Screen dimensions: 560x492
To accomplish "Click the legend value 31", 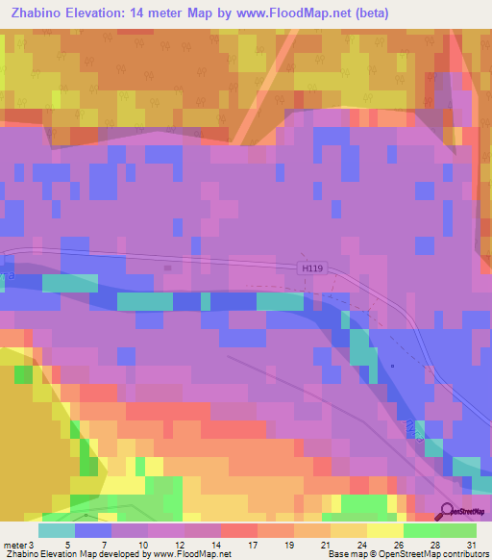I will click(470, 544).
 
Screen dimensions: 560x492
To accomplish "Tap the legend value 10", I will click(142, 544).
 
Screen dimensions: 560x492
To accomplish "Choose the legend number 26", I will click(397, 544).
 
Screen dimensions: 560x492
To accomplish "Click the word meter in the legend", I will click(15, 544).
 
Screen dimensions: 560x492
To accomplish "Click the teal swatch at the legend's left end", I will click(56, 530).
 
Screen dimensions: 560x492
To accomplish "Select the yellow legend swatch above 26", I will click(385, 530).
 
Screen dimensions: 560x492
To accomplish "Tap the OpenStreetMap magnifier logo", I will click(448, 512).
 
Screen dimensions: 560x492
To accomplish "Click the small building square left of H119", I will click(168, 268).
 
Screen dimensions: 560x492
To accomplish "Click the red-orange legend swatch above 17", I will click(238, 530).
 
